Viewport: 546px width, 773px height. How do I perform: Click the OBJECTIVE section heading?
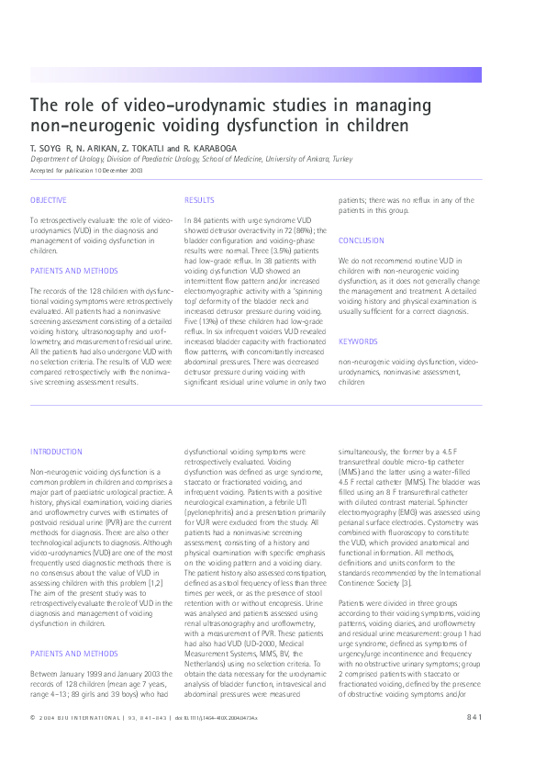click(x=48, y=200)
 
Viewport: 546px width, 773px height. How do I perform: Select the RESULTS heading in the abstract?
click(x=199, y=200)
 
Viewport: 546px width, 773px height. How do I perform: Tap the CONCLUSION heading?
click(x=362, y=241)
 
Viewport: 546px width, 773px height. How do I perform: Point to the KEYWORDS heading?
click(x=358, y=342)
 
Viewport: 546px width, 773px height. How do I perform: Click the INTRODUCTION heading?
click(x=56, y=452)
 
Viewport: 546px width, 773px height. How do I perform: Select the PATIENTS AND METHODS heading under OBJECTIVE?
click(x=73, y=271)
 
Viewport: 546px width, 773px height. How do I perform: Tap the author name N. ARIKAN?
click(x=95, y=147)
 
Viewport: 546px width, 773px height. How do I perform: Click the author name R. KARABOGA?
click(x=212, y=147)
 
